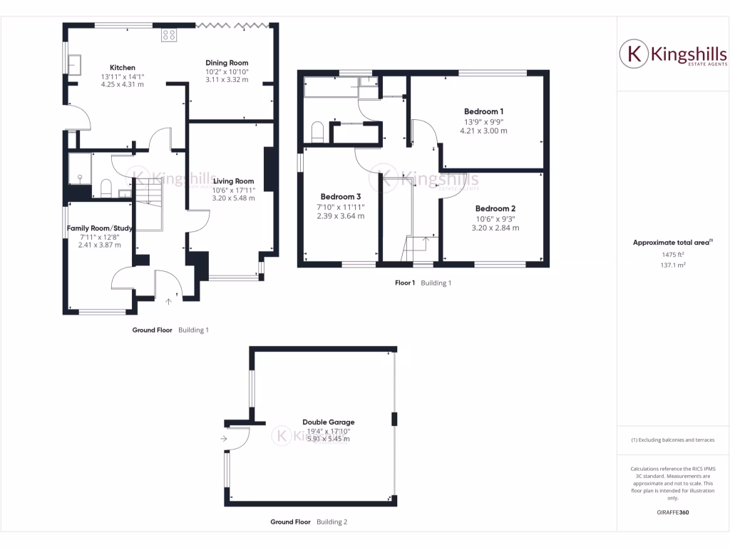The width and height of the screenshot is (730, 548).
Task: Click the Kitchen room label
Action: (x=122, y=68)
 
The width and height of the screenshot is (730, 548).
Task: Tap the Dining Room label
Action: (x=227, y=63)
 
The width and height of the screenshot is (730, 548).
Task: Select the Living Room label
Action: (x=233, y=181)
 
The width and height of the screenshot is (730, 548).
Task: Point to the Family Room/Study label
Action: (x=100, y=228)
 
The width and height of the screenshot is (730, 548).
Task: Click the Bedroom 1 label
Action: (x=483, y=111)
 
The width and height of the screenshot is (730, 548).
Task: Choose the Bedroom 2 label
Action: (x=495, y=209)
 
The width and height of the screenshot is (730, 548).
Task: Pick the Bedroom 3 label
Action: (x=340, y=197)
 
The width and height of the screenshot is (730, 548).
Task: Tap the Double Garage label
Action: (x=328, y=422)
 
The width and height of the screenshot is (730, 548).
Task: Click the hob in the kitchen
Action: (x=170, y=34)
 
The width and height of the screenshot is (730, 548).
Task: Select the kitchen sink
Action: (x=75, y=64)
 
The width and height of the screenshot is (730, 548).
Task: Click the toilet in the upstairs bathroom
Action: (x=318, y=132)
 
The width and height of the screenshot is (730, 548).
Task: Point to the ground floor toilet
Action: (x=106, y=188)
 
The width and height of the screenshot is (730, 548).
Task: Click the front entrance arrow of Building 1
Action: (x=169, y=301)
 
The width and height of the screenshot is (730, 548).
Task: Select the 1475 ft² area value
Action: (x=663, y=255)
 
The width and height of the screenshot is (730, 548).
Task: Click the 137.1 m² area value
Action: (x=663, y=265)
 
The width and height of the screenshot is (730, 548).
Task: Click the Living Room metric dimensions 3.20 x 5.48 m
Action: (x=233, y=198)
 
